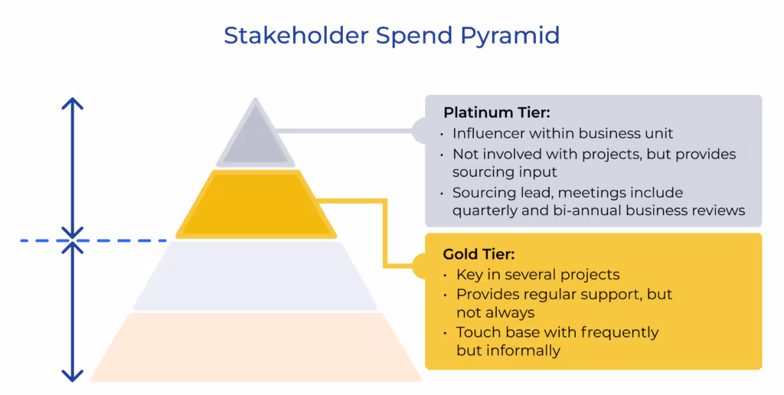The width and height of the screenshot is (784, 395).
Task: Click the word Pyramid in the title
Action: [510, 36]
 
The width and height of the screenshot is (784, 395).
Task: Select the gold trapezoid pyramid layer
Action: [255, 204]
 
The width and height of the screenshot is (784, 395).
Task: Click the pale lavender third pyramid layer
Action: [255, 276]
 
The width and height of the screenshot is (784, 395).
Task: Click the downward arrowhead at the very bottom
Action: [72, 376]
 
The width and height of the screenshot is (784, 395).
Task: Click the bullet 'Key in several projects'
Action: [537, 274]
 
